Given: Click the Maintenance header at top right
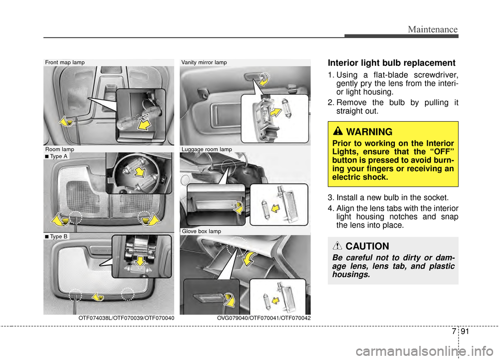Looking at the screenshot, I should [433, 30].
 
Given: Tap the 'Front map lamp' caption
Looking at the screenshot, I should [65, 63].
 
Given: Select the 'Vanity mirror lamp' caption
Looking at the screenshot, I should [204, 63].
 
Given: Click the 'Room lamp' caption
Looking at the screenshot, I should [60, 149].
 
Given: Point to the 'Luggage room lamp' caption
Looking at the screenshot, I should [207, 149].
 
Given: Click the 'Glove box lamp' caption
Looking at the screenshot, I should [201, 230].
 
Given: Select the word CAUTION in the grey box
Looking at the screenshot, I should [367, 246].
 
